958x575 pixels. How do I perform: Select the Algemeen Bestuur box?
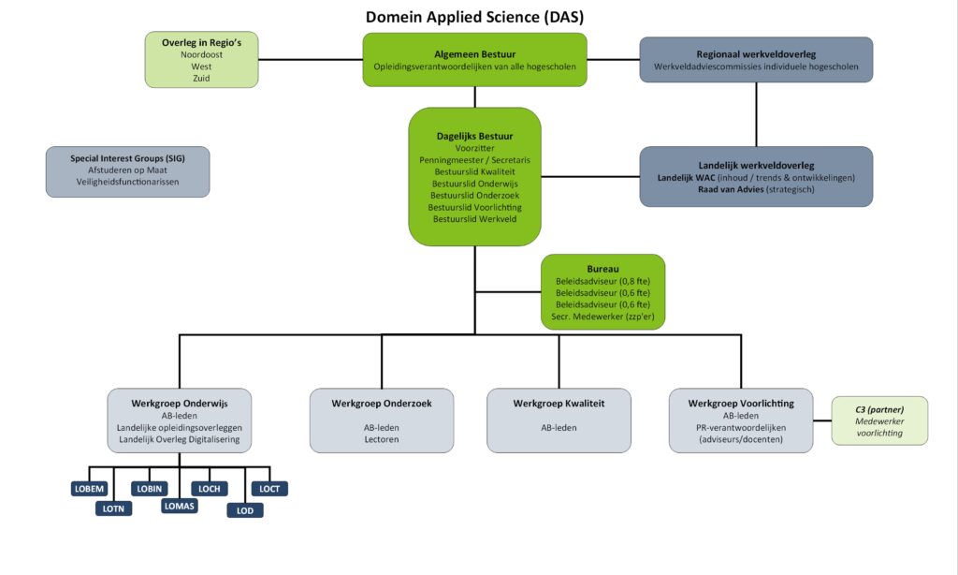pos(474,60)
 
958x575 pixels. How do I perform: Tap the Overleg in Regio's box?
pos(201,60)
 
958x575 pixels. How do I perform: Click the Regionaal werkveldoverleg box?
pos(756,60)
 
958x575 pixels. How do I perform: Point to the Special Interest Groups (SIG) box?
pos(127,171)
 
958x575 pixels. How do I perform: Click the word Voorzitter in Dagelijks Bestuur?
pos(474,148)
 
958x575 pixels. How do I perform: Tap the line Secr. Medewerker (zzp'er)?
pos(602,317)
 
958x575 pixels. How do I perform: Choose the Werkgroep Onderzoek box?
pos(381,420)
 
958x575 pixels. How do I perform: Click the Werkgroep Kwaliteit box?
pos(559,420)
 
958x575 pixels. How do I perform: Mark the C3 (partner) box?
pos(878,420)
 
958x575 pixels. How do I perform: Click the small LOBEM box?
pos(90,489)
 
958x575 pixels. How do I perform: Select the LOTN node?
pos(114,509)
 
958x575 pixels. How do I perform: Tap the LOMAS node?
pos(179,507)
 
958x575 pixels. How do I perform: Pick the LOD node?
pos(245,510)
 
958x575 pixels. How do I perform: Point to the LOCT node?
pos(269,489)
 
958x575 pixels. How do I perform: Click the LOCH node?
pos(209,489)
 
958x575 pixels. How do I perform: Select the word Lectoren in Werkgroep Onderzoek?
pos(381,438)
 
